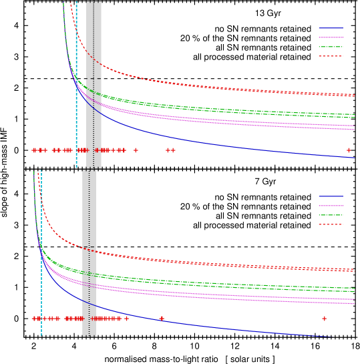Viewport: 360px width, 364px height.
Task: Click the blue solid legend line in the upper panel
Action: click(x=331, y=28)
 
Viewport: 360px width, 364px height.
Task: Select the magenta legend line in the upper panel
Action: click(x=331, y=37)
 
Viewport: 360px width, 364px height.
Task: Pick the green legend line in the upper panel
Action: click(x=331, y=47)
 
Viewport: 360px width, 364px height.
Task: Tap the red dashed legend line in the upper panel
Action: click(x=331, y=56)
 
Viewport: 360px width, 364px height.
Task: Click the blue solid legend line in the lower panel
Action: click(x=331, y=196)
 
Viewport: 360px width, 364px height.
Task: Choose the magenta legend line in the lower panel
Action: click(x=331, y=206)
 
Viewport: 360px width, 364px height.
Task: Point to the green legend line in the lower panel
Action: click(x=331, y=215)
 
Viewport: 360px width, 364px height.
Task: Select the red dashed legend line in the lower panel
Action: click(x=331, y=224)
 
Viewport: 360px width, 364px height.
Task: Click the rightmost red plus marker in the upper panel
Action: click(x=349, y=150)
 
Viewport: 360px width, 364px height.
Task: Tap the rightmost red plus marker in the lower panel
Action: click(x=325, y=319)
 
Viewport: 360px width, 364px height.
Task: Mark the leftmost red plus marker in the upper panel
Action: click(x=35, y=150)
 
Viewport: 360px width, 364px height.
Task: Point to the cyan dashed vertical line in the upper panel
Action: click(x=76, y=40)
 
